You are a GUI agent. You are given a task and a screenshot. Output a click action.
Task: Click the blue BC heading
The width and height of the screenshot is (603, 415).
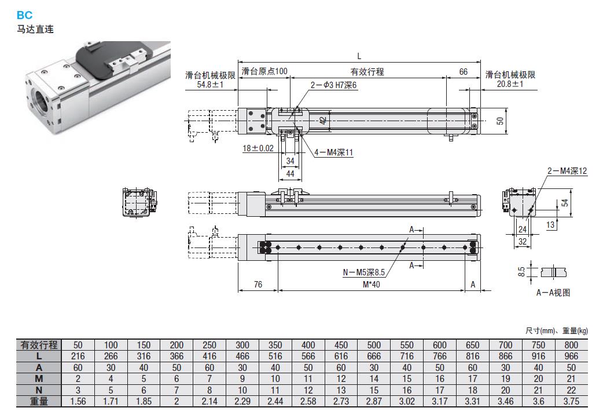[x=24, y=16]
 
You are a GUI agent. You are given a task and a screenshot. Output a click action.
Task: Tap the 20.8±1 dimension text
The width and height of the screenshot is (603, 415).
[x=510, y=85]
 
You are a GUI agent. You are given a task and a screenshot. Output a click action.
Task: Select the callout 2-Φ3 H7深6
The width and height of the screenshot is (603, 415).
[x=334, y=85]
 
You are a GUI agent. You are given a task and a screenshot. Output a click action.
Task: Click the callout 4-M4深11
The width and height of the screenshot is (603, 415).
[x=333, y=152]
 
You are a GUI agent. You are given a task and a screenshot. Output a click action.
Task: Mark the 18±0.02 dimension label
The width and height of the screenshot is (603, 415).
[x=258, y=148]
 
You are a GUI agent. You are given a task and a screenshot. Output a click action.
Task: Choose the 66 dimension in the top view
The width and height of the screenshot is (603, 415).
[x=463, y=72]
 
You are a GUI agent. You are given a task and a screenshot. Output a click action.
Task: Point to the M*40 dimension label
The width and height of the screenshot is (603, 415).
[x=371, y=285]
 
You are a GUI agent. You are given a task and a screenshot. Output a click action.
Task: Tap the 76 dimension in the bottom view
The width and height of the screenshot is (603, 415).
[x=258, y=285]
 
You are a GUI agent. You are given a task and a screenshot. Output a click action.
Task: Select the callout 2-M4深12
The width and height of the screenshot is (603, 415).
[x=567, y=171]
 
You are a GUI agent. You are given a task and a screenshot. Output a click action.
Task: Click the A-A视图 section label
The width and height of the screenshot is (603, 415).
[x=553, y=293]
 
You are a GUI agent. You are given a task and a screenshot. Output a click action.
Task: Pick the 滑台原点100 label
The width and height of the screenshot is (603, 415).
[x=264, y=72]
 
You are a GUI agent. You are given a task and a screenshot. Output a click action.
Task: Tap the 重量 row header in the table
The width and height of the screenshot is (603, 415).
[x=39, y=401]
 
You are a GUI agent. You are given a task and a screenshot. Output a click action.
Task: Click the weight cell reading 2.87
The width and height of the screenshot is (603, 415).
[x=374, y=401]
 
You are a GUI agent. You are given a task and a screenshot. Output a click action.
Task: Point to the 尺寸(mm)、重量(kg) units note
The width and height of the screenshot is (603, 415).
[x=556, y=331]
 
